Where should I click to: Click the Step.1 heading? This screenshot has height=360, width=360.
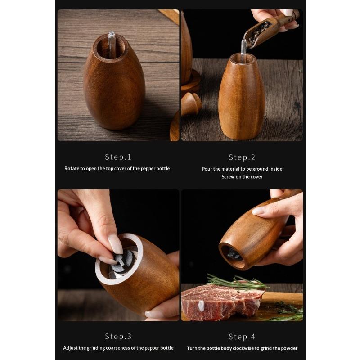coord(118,157)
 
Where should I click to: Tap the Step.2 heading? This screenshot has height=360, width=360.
coord(242,157)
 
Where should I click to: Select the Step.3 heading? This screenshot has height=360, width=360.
coord(118,336)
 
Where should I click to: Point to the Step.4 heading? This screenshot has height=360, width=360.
coord(242,336)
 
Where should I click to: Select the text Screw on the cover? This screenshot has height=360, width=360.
coord(242,177)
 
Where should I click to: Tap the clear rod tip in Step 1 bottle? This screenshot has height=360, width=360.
coord(111,35)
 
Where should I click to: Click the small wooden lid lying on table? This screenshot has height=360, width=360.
coord(191,103)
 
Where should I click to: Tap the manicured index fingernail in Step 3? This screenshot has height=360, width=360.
coord(115,244)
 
